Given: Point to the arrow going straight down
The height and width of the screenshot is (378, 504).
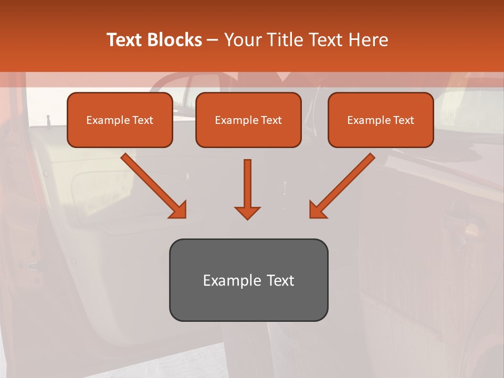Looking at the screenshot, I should click(x=247, y=184).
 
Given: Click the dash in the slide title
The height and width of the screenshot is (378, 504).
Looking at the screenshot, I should click(x=213, y=40).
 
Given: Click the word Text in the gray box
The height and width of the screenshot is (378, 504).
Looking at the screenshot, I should click(x=280, y=280).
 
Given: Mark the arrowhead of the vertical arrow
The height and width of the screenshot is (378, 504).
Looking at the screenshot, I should click(x=247, y=212).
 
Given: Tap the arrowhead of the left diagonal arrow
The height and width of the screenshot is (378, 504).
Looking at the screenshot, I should click(x=178, y=209).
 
